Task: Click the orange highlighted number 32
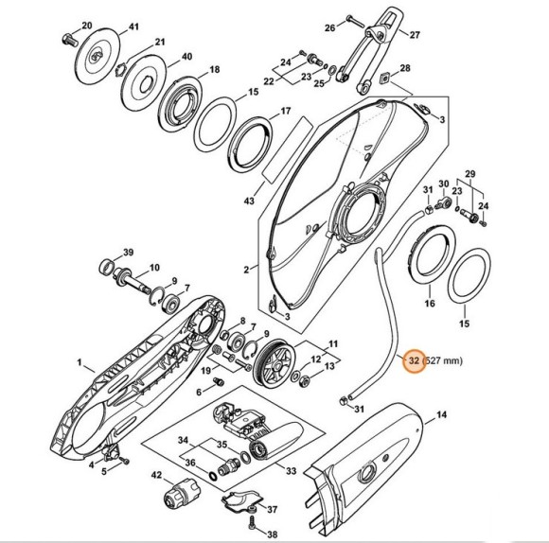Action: point(414,360)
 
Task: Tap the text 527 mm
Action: point(444,360)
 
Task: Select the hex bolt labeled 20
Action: point(70,40)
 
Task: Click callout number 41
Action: point(134,26)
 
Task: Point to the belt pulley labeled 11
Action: point(274,363)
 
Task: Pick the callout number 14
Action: point(442,414)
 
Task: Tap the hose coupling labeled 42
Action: point(182,493)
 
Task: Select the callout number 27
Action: point(415,35)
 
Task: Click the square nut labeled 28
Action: point(385,78)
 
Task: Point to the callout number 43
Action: point(249,201)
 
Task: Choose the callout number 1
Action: point(80,362)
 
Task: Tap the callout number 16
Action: point(430,303)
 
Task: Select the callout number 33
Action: point(292,471)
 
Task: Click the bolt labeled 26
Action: point(355,20)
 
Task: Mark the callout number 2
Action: point(246,270)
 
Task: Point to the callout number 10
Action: point(154,268)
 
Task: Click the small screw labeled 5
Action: point(124,461)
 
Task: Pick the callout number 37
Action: point(272,509)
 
